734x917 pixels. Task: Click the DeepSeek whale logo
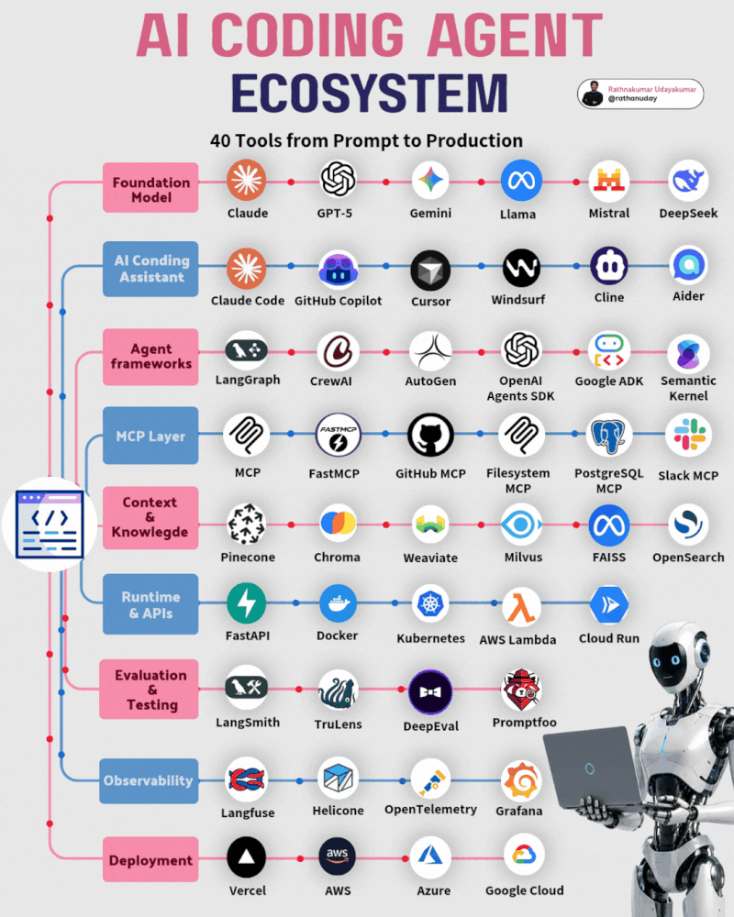click(688, 180)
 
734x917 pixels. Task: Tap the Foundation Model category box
click(150, 187)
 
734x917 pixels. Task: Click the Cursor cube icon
click(430, 271)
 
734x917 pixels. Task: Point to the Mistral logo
click(608, 182)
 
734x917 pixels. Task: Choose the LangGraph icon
click(247, 351)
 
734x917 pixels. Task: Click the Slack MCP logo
click(689, 435)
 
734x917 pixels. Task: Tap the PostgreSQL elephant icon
click(608, 435)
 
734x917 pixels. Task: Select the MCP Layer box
click(150, 436)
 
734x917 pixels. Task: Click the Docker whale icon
click(338, 603)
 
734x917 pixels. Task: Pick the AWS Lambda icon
click(521, 607)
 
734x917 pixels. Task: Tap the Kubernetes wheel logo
click(431, 603)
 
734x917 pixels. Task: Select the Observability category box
click(149, 780)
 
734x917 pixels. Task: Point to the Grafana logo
click(521, 780)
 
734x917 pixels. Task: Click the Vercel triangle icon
click(247, 858)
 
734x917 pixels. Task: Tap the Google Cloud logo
click(524, 855)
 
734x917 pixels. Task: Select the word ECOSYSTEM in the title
click(370, 93)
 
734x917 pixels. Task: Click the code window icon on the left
click(50, 524)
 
